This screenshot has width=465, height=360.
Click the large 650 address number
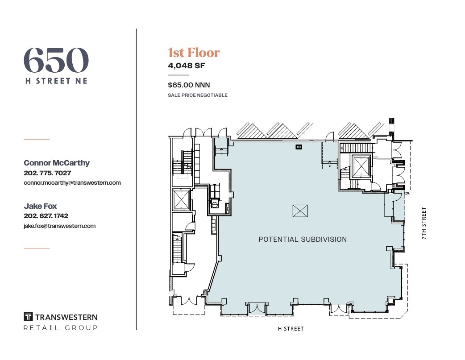[x=56, y=60]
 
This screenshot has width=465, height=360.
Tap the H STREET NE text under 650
[x=56, y=81]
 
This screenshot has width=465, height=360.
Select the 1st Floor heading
[x=194, y=53]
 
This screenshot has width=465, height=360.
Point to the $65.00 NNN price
[x=189, y=85]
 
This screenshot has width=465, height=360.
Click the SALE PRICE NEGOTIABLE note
[x=198, y=95]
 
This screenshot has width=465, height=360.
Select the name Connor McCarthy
[x=57, y=163]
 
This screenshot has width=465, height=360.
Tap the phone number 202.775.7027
[x=47, y=173]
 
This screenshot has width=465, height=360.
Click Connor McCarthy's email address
[x=72, y=183]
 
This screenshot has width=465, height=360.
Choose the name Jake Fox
[x=40, y=206]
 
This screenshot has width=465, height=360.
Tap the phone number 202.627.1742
[x=46, y=216]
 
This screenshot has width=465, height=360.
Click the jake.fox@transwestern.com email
[x=60, y=226]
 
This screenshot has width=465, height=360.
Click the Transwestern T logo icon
[x=28, y=317]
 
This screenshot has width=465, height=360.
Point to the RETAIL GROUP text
[x=60, y=328]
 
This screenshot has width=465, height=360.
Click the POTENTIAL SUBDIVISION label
[x=303, y=240]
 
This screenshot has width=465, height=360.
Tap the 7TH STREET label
[x=424, y=223]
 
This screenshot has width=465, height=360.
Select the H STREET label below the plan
[x=291, y=329]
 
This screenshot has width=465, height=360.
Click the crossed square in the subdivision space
[x=300, y=211]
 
